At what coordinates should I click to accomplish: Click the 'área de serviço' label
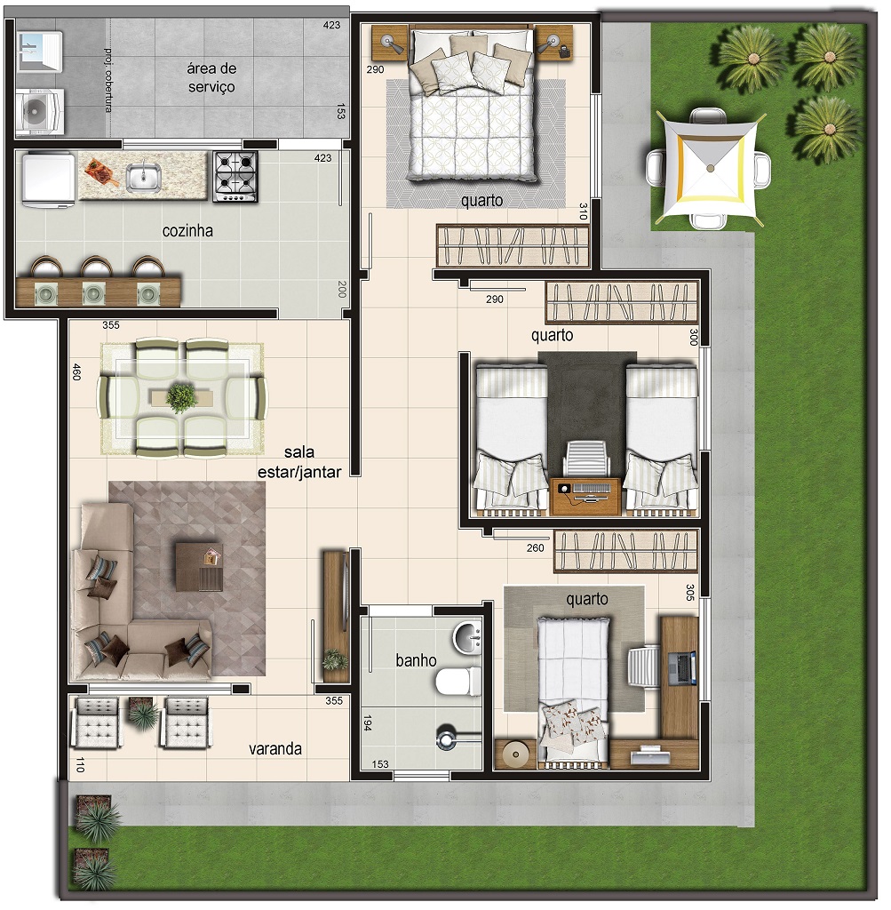(x=211, y=77)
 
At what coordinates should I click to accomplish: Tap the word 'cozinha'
(x=187, y=231)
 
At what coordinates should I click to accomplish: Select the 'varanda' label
(x=275, y=748)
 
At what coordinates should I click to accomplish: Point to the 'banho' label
(x=416, y=660)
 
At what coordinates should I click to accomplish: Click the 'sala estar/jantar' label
(x=299, y=462)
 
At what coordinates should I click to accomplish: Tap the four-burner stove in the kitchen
(x=235, y=177)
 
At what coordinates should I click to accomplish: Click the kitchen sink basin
(x=144, y=177)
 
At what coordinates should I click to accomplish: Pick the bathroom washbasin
(x=467, y=638)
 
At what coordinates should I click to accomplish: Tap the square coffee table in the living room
(x=199, y=567)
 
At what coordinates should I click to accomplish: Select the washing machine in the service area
(x=39, y=112)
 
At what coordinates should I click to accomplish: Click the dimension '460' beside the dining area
(x=76, y=372)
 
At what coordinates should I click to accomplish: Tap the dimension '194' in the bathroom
(x=367, y=723)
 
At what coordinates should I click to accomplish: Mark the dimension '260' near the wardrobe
(x=536, y=547)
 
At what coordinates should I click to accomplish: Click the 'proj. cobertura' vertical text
(x=107, y=79)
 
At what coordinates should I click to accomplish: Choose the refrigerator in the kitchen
(x=48, y=178)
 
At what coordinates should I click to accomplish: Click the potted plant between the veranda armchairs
(x=142, y=714)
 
